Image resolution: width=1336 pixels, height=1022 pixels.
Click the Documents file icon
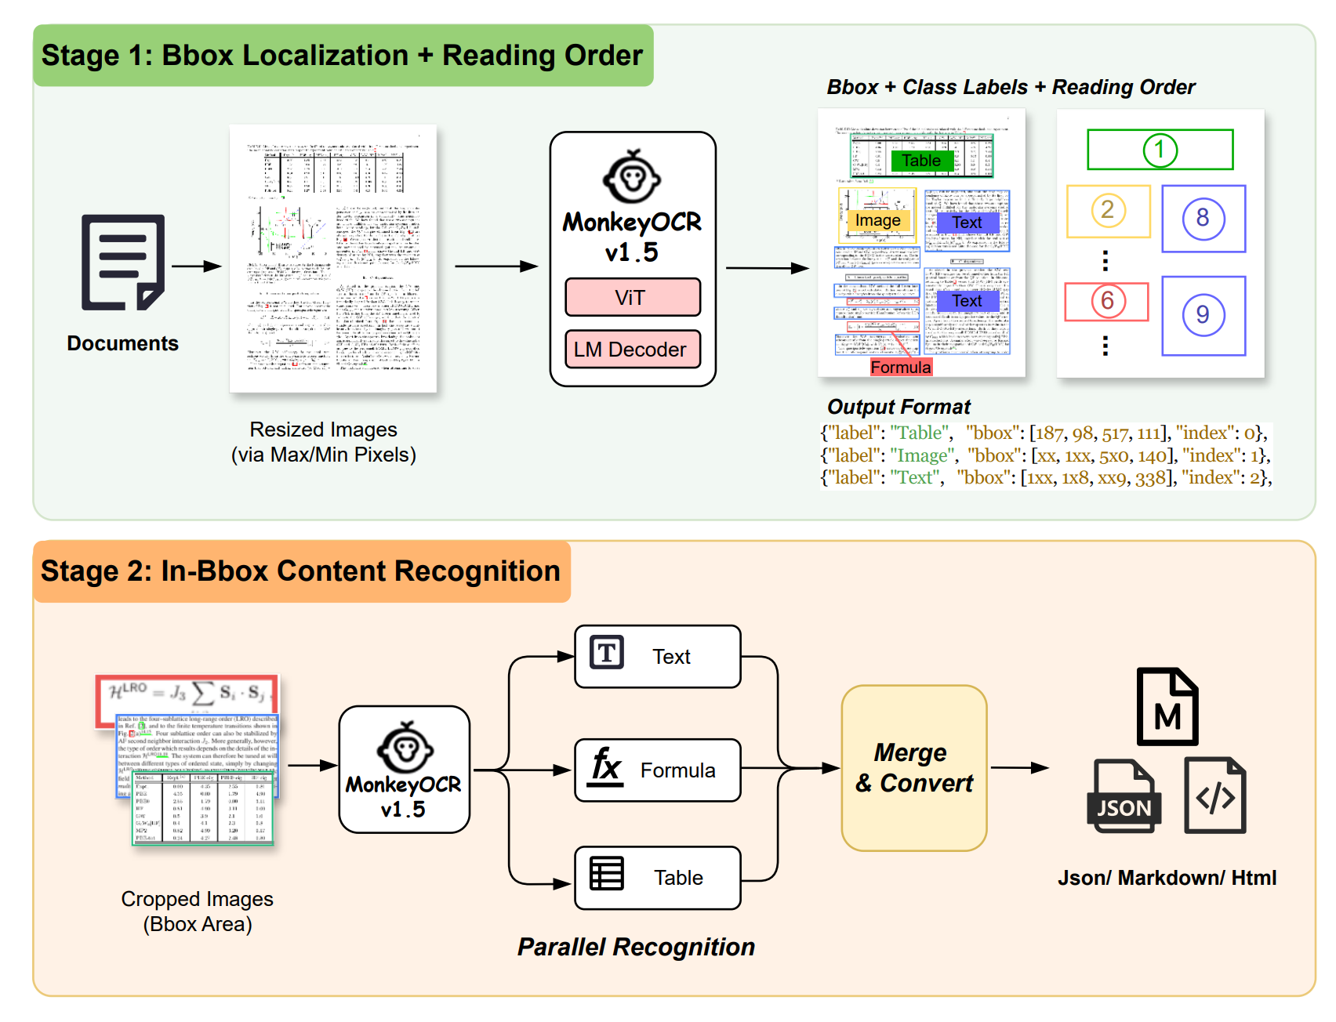coord(123,263)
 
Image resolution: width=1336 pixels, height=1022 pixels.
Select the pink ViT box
coord(632,298)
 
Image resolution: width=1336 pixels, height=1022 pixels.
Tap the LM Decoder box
coord(632,350)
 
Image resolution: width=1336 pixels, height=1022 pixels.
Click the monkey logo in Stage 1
coord(632,177)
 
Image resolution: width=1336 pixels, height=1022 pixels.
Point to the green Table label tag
coord(922,161)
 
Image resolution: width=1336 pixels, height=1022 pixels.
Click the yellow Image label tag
coord(878,221)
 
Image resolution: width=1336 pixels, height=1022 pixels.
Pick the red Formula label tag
coord(901,367)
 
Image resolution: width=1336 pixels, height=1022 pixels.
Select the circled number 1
coord(1160,150)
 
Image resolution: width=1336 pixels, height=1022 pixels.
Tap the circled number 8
coord(1203,219)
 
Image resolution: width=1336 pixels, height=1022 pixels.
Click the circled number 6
coord(1107,301)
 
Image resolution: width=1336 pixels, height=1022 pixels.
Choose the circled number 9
coord(1203,314)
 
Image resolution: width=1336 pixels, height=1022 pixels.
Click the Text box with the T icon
coord(657,657)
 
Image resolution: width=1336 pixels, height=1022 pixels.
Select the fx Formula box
coord(657,770)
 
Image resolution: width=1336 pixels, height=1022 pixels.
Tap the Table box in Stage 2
coord(657,878)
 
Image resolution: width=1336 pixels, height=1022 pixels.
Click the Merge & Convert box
coord(913,768)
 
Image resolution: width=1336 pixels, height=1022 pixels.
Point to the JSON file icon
coord(1124,796)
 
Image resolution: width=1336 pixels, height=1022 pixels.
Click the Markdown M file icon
coord(1167,707)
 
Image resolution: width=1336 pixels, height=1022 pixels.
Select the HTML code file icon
coord(1214,795)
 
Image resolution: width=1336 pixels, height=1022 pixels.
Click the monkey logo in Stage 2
coord(405,748)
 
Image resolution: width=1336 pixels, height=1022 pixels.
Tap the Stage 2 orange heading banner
coord(301,571)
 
